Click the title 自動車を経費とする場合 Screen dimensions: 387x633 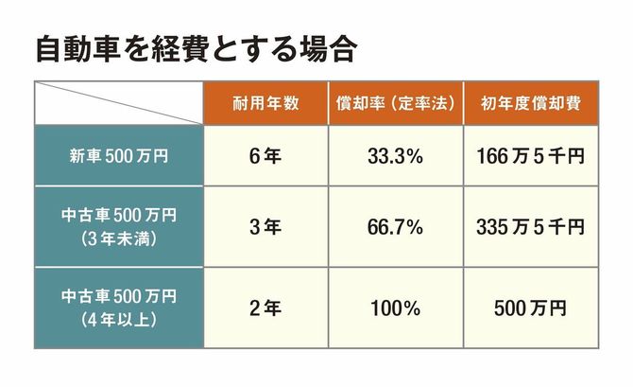point(194,49)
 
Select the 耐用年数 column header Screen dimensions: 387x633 point(265,103)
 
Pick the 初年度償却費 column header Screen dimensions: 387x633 point(530,103)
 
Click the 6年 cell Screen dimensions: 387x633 point(265,155)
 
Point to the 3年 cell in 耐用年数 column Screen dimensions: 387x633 point(265,227)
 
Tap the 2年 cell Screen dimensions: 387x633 point(265,308)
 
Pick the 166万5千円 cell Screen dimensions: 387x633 point(530,155)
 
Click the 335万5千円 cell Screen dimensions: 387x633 point(530,227)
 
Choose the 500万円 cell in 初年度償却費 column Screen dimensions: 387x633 point(530,308)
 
